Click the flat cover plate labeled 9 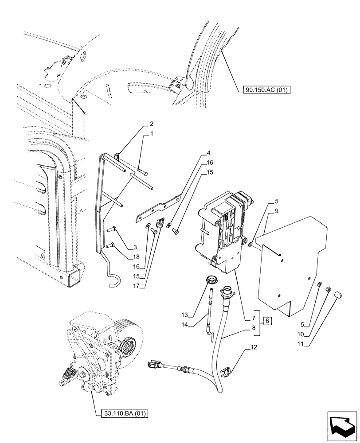click(x=293, y=266)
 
